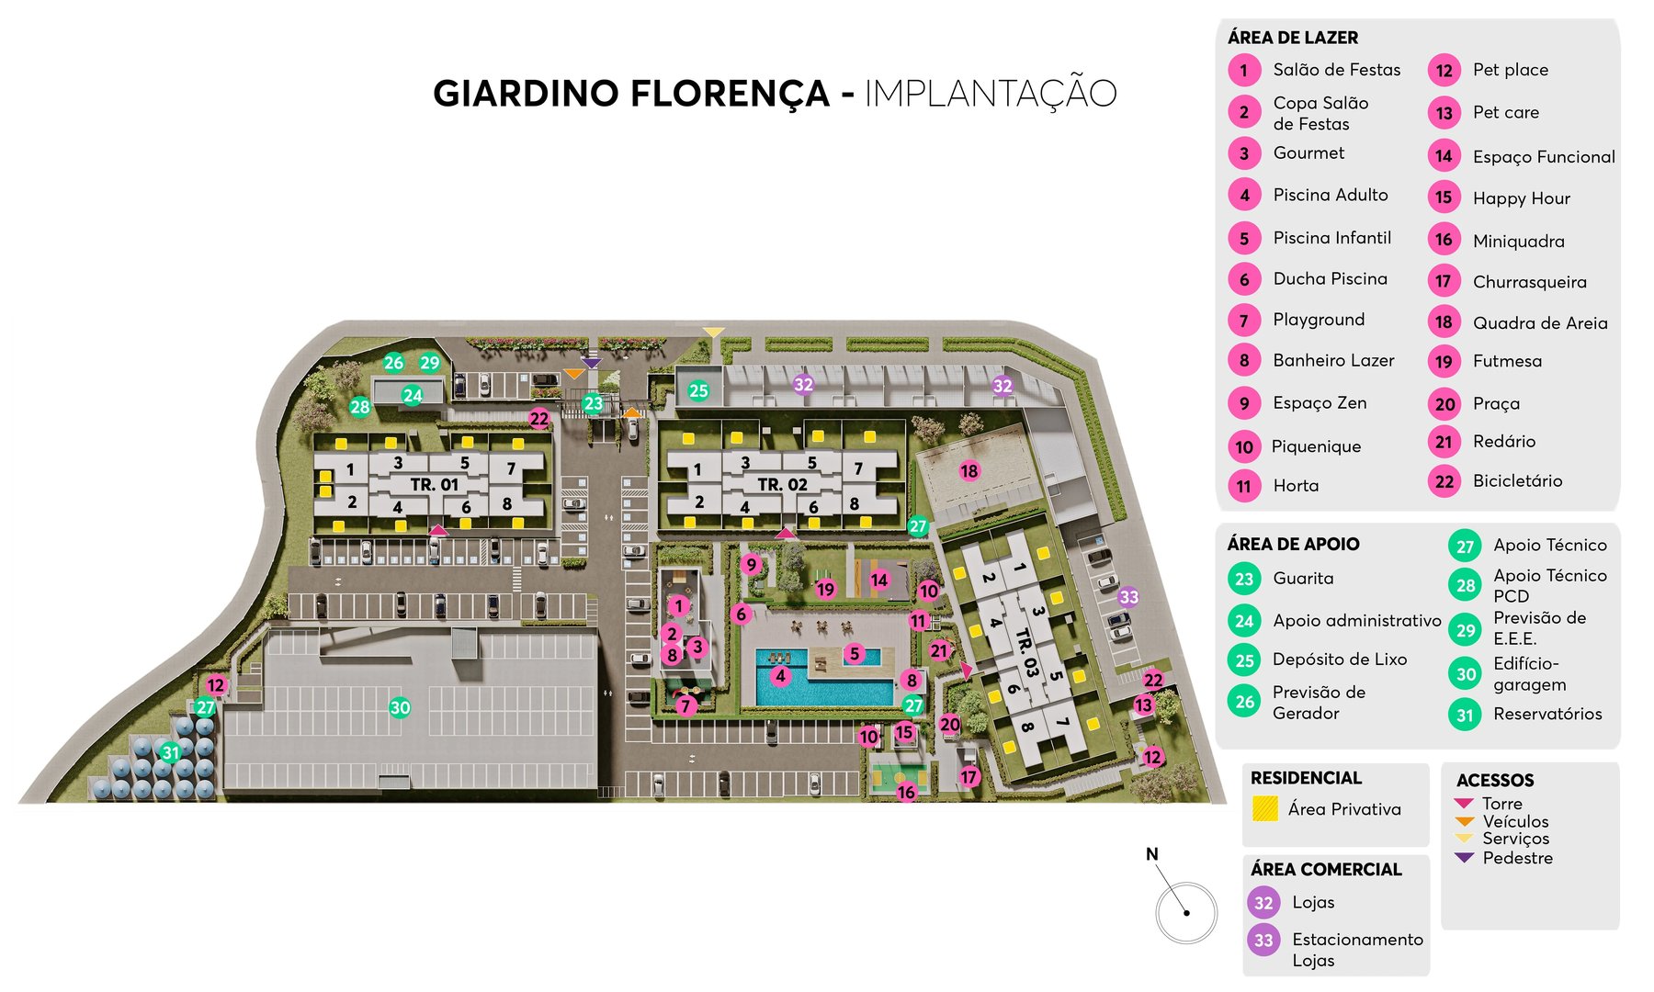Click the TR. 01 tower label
pos(434,485)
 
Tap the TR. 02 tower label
pos(782,485)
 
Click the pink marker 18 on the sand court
pos(969,471)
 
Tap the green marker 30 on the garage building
pos(400,707)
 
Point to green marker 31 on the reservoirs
pos(171,752)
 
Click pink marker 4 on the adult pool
pos(780,677)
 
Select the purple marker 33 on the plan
pos(1128,597)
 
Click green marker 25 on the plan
pos(698,390)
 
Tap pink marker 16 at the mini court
pos(906,792)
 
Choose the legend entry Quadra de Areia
pos(1539,322)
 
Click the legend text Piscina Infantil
pos(1331,238)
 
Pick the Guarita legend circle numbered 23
pos(1244,579)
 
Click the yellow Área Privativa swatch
pos(1264,808)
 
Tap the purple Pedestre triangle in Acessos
pos(1464,857)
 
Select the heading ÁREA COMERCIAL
pos(1325,869)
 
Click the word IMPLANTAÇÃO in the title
pos(990,94)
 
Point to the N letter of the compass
pos(1151,854)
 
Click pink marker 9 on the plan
pos(752,565)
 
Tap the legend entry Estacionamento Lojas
pos(1356,949)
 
